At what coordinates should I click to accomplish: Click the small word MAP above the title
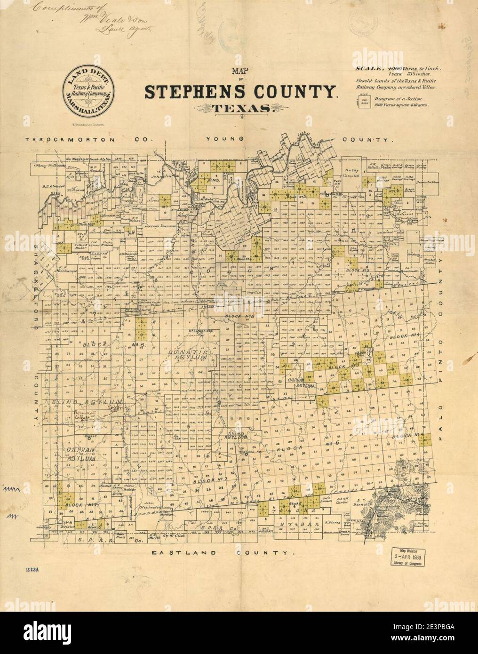pyautogui.click(x=240, y=73)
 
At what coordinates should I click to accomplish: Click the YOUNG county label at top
pyautogui.click(x=225, y=139)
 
